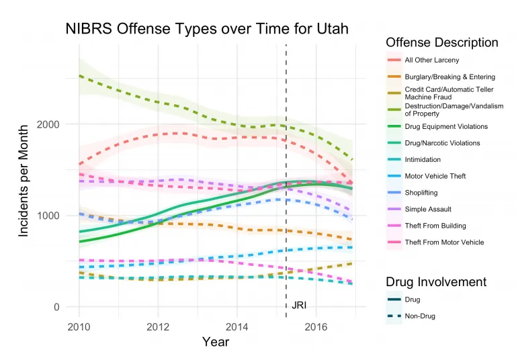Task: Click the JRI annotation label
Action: [299, 306]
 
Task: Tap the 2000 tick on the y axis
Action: [61, 125]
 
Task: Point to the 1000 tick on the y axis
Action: [61, 216]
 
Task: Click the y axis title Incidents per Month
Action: [24, 180]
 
